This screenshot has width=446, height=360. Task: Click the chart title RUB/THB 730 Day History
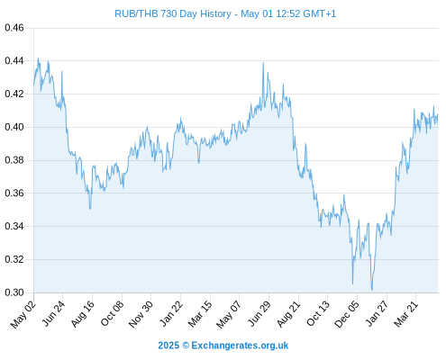173,13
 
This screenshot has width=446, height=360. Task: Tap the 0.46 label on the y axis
14,28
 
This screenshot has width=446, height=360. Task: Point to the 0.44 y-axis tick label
14,61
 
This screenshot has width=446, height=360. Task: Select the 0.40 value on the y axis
14,127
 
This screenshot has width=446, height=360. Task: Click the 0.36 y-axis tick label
14,193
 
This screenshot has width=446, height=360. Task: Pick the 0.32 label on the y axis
14,259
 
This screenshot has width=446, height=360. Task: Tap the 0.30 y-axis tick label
14,292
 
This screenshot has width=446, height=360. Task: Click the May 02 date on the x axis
23,314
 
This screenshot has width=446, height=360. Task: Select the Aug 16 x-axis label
83,314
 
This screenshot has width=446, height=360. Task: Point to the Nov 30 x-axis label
141,314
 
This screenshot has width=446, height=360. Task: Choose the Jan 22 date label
171,314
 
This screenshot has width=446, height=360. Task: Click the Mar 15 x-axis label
200,314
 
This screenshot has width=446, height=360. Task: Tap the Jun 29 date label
259,314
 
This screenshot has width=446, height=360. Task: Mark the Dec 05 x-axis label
347,314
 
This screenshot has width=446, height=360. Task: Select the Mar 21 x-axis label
406,314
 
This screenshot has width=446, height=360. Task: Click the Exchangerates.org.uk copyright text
240,346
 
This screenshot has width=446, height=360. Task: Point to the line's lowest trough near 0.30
372,290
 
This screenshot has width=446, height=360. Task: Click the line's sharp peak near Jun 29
263,63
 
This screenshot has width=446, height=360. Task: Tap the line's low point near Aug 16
90,209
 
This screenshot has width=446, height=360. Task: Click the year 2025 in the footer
168,346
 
